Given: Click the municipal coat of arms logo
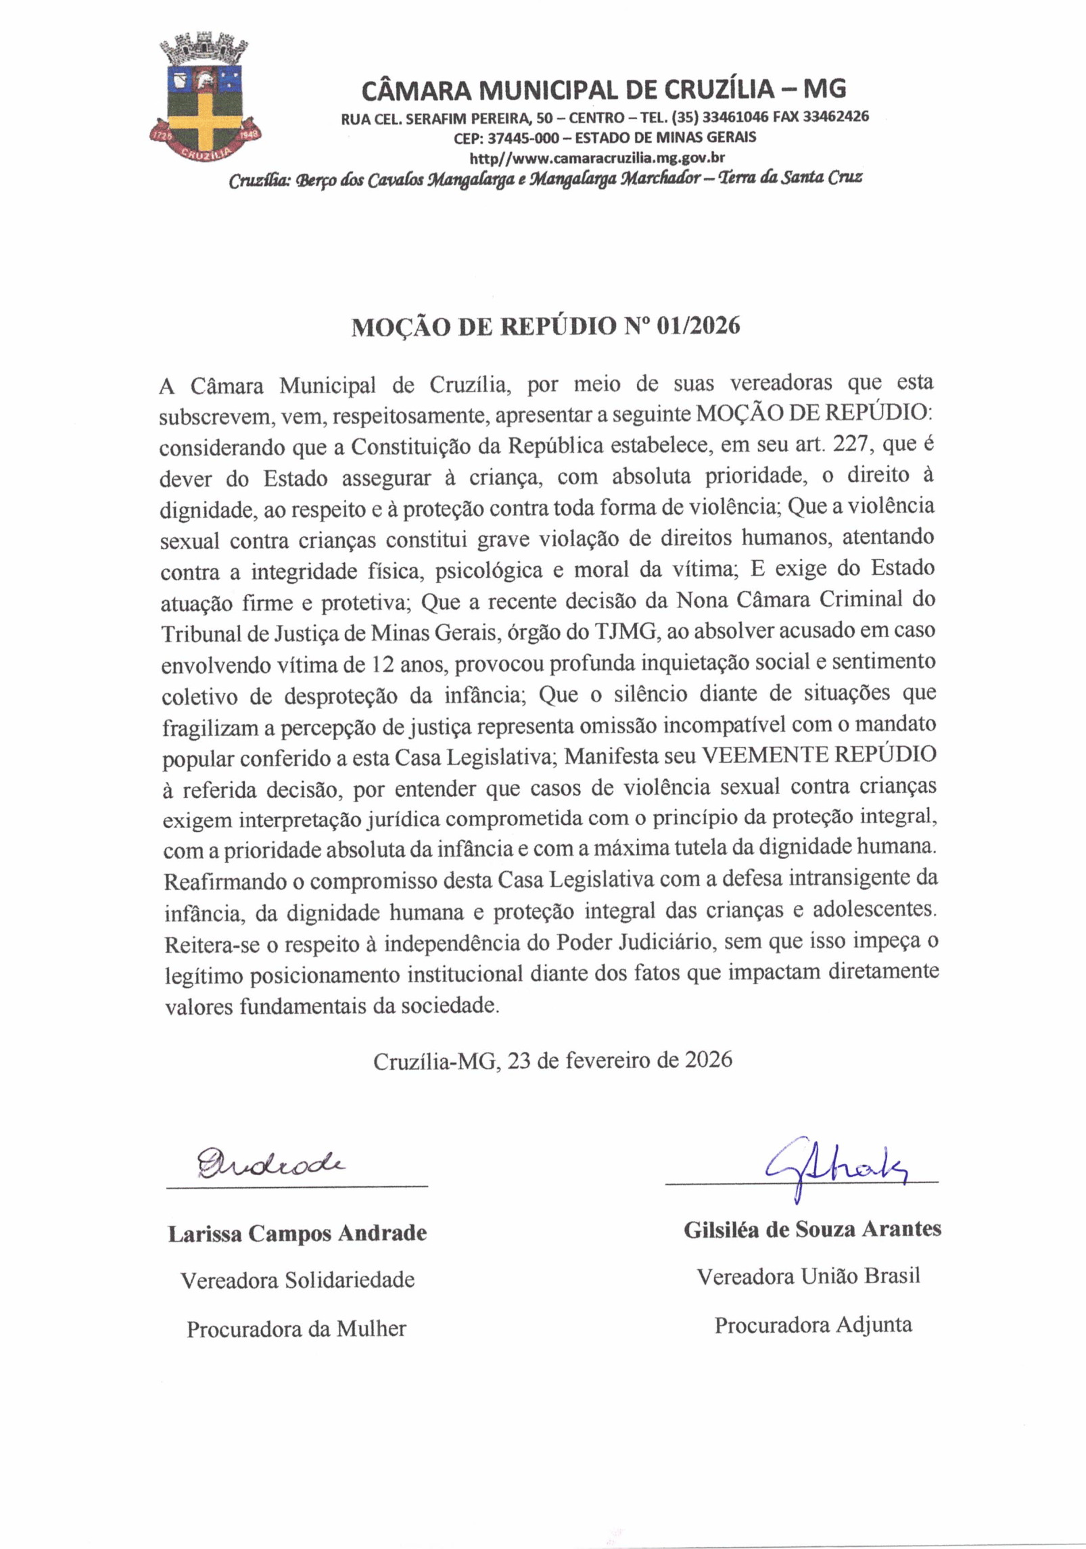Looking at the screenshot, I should point(204,101).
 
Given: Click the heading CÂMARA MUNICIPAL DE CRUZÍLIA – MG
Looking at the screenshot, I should point(603,89).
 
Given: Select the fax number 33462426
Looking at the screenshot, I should point(836,116).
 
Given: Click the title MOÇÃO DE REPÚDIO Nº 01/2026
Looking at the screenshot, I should point(545,327).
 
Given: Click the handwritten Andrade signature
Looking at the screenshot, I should point(270,1163).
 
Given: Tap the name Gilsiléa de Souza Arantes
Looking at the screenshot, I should point(812,1229).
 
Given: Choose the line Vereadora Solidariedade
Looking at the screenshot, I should point(298,1280).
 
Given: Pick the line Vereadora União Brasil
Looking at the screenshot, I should point(809,1276).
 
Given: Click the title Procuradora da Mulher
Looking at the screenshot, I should point(296,1329).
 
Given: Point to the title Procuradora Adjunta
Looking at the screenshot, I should point(813,1324).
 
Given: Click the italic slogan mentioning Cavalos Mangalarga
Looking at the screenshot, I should point(545,179).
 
